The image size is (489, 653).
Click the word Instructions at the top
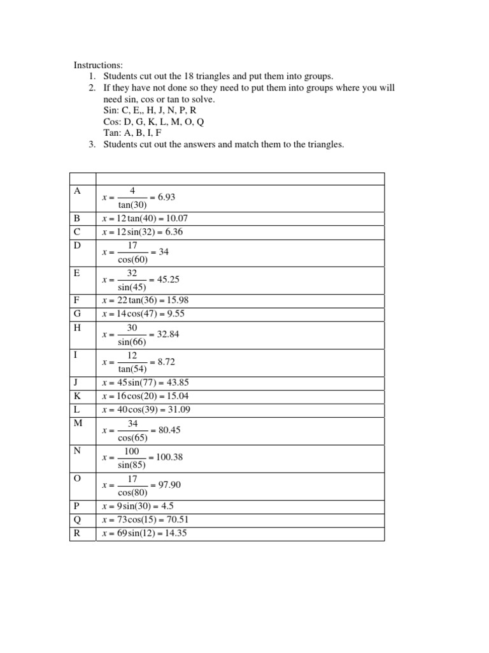click(x=99, y=65)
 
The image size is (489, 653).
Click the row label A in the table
click(x=78, y=191)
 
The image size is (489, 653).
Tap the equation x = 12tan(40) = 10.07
click(x=145, y=218)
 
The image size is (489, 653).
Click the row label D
click(x=78, y=246)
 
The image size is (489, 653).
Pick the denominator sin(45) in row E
click(x=132, y=286)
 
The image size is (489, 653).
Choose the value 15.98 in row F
click(x=175, y=300)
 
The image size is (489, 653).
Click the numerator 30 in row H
click(x=132, y=327)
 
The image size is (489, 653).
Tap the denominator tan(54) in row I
click(x=132, y=369)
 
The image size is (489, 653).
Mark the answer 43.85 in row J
click(x=176, y=383)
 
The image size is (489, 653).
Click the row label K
click(x=78, y=396)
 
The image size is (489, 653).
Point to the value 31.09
click(x=177, y=409)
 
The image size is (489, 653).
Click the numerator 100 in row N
click(x=132, y=451)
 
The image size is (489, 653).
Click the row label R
click(x=78, y=533)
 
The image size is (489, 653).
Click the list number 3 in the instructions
click(x=92, y=145)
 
